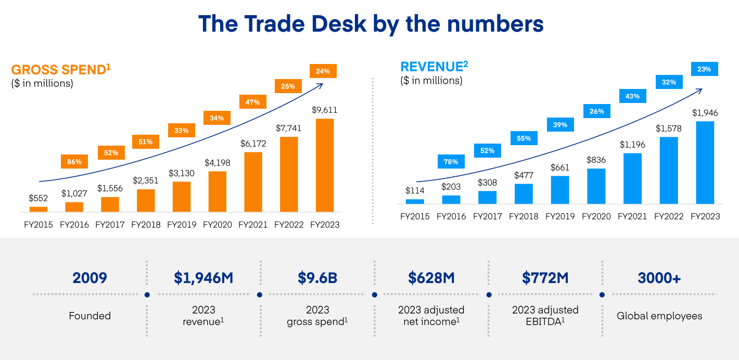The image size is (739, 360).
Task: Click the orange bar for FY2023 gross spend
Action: [324, 165]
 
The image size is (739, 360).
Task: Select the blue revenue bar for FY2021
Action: [632, 178]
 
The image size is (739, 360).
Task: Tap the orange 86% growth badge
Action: [74, 162]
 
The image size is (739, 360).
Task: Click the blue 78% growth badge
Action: [451, 162]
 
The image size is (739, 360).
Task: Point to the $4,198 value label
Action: [217, 163]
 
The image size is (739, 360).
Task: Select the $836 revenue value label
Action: [596, 160]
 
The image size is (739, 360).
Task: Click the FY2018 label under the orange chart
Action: [146, 225]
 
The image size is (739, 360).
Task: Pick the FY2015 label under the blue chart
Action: [415, 216]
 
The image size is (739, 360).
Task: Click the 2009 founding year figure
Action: [90, 278]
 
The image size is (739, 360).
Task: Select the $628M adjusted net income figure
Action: [431, 278]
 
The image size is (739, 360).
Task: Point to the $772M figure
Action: [545, 278]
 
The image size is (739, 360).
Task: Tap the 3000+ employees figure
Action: [659, 278]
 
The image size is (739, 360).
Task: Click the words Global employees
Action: [659, 316]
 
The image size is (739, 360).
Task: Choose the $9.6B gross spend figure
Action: [317, 278]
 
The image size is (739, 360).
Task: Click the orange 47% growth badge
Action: [253, 102]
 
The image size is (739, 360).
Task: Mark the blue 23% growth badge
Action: [704, 69]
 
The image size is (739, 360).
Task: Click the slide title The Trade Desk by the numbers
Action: [371, 24]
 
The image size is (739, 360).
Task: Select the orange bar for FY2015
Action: [39, 209]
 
